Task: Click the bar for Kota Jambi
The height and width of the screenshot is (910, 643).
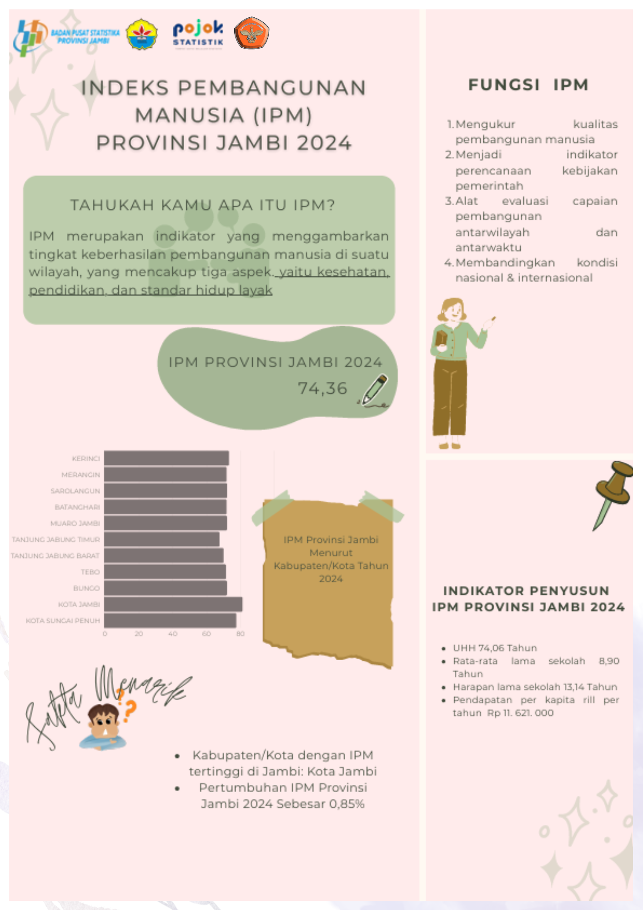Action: click(173, 604)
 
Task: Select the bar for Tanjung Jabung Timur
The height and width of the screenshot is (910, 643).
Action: click(161, 539)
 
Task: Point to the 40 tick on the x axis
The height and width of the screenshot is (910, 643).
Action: click(172, 633)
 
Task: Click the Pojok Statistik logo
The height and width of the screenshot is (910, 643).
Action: click(198, 34)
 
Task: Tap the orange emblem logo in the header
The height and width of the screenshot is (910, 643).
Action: click(251, 33)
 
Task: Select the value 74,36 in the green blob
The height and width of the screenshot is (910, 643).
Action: click(322, 388)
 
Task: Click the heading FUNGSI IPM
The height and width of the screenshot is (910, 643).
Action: click(528, 85)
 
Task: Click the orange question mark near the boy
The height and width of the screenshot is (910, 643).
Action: click(130, 711)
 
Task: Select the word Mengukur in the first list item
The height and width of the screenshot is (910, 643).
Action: click(485, 124)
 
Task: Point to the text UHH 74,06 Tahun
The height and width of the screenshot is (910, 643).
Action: click(495, 647)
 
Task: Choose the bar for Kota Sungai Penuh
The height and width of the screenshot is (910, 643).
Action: click(170, 620)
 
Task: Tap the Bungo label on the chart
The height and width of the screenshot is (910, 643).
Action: click(86, 588)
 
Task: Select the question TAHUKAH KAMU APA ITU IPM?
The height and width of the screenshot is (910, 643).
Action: click(202, 205)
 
